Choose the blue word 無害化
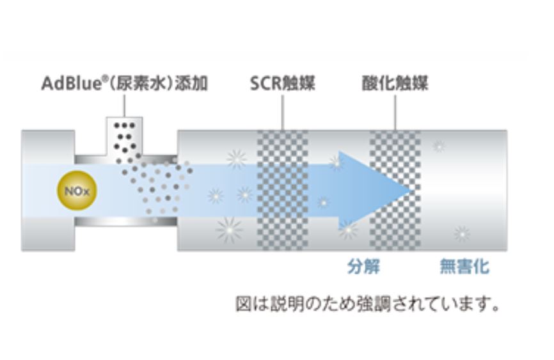coord(464,266)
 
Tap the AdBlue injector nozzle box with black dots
coord(125,136)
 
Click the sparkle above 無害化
coord(462,234)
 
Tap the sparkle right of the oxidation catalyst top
coord(438,146)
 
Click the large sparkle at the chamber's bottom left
coord(229,229)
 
